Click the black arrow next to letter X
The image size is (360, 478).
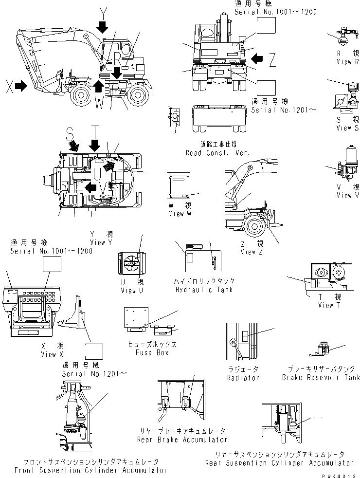coord(20,86)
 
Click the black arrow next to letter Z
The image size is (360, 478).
coord(257,59)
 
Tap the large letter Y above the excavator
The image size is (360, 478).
coord(102,11)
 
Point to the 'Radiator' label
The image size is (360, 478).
coord(243,378)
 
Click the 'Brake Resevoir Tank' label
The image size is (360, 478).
coord(321,377)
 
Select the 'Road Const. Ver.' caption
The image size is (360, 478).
coord(217,153)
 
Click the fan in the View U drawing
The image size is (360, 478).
coord(130,265)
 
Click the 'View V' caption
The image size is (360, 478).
coord(347,195)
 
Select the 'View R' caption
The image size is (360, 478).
coord(347,62)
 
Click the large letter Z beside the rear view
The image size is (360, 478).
coord(272,59)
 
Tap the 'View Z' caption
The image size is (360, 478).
coord(252,252)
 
